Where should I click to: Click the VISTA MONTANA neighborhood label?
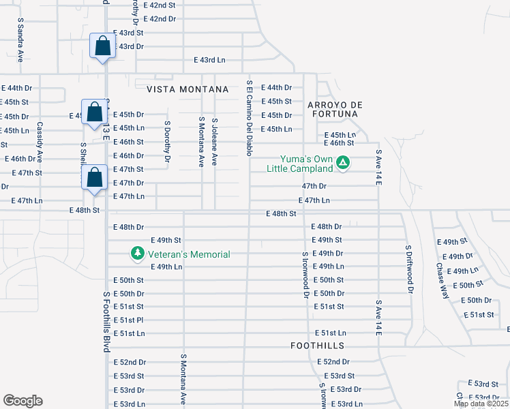point(182,89)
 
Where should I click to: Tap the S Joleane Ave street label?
point(214,140)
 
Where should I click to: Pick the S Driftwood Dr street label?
point(409,269)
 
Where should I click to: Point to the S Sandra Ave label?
point(20,40)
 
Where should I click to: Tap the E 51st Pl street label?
point(128,320)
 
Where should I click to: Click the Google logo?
point(22,401)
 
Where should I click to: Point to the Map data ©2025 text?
point(481,404)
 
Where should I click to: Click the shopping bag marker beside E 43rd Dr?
point(102,47)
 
